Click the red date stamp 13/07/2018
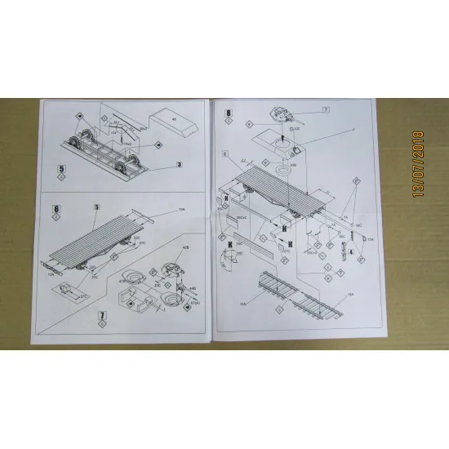(420, 163)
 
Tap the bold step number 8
(229, 113)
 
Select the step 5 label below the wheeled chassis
(62, 171)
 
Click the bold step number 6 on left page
(56, 210)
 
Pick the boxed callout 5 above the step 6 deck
(96, 209)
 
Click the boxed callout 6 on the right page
(223, 153)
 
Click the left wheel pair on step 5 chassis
(78, 140)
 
